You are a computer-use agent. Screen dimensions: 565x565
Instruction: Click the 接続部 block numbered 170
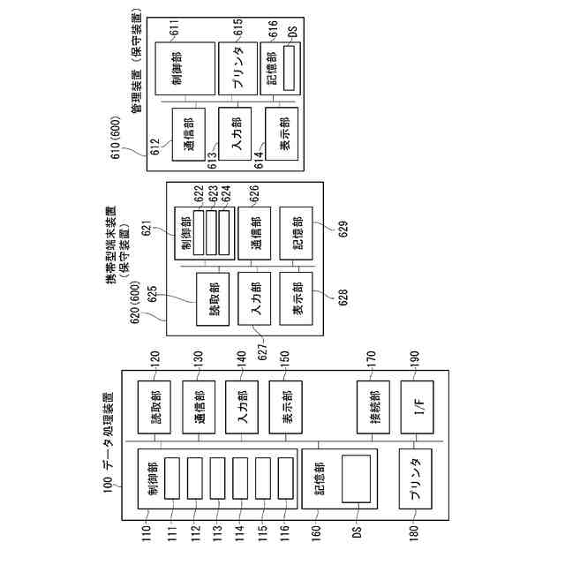click(372, 405)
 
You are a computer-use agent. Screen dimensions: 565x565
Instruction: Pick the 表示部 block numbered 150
click(285, 405)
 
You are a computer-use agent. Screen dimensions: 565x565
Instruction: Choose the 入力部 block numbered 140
click(241, 405)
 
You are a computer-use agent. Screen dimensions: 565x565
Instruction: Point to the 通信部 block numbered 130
click(198, 405)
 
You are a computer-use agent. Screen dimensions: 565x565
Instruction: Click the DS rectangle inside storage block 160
click(356, 478)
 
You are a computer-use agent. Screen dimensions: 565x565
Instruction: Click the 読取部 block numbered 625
click(213, 300)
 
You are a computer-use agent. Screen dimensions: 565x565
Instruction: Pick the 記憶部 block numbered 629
click(296, 231)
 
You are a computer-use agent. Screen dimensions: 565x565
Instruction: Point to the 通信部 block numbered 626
click(254, 231)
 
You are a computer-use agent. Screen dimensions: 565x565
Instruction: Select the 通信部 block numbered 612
click(188, 133)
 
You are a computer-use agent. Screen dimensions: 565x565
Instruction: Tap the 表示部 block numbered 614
click(281, 133)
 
